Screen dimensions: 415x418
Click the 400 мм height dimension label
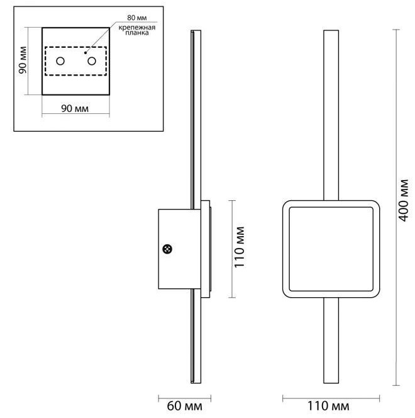pyautogui.click(x=404, y=200)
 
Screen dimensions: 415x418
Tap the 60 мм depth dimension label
pyautogui.click(x=184, y=406)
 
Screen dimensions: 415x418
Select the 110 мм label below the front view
pyautogui.click(x=328, y=406)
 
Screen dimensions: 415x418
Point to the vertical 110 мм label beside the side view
pyautogui.click(x=239, y=247)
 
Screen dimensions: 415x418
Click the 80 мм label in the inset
pyautogui.click(x=137, y=18)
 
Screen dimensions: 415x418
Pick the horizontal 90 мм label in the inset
pyautogui.click(x=75, y=108)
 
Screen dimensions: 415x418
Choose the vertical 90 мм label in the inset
pyautogui.click(x=23, y=60)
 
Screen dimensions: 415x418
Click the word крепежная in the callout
pyautogui.click(x=137, y=28)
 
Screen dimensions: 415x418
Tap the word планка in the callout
pyautogui.click(x=137, y=33)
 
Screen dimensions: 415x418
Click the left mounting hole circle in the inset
pyautogui.click(x=60, y=61)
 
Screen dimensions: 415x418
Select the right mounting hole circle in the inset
pyautogui.click(x=92, y=61)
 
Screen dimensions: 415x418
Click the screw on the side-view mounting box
pyautogui.click(x=167, y=249)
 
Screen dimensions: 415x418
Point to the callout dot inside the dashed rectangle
pyautogui.click(x=85, y=53)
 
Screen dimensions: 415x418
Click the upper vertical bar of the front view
pyautogui.click(x=331, y=115)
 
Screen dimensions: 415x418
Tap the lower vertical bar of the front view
pyautogui.click(x=331, y=341)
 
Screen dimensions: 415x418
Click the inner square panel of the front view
pyautogui.click(x=331, y=249)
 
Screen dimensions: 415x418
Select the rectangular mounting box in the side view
pyautogui.click(x=180, y=249)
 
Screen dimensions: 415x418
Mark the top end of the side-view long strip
pyautogui.click(x=196, y=30)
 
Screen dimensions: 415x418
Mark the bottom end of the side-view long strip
pyautogui.click(x=196, y=383)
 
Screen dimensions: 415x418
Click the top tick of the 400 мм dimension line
pyautogui.click(x=396, y=30)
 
